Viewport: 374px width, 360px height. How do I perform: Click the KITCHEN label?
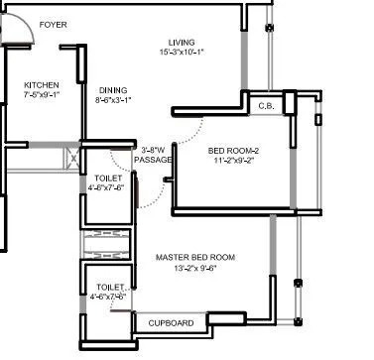pyautogui.click(x=42, y=85)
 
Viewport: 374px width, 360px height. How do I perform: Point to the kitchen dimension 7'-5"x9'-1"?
pyautogui.click(x=42, y=96)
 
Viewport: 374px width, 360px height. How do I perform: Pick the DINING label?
pyautogui.click(x=113, y=90)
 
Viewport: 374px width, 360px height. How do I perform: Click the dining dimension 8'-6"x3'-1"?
pyautogui.click(x=113, y=100)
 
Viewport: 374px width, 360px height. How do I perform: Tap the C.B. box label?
pyautogui.click(x=266, y=105)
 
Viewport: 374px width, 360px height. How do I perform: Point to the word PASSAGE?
pyautogui.click(x=153, y=159)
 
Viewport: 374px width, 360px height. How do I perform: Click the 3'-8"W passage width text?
pyautogui.click(x=155, y=149)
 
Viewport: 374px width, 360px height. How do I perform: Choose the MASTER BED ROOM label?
pyautogui.click(x=195, y=257)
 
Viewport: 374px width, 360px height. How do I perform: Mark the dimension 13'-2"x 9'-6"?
pyautogui.click(x=195, y=268)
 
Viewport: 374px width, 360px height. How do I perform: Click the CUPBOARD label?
pyautogui.click(x=171, y=323)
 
